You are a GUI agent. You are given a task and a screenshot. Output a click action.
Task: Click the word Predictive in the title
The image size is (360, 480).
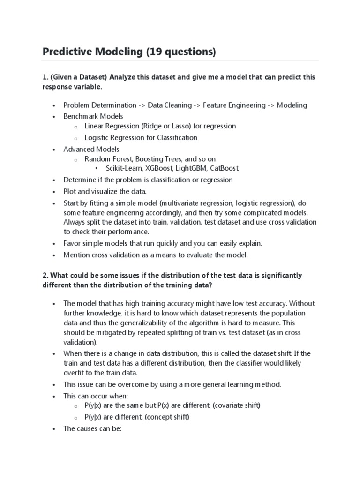coord(67,52)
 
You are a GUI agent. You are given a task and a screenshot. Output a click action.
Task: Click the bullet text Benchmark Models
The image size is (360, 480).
coord(93,116)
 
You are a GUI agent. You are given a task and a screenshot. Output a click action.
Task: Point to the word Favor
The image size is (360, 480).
coord(73,243)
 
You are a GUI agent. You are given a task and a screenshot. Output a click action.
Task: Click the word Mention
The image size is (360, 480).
coord(76,255)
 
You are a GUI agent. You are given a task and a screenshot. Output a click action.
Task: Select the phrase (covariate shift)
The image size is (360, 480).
coord(237,405)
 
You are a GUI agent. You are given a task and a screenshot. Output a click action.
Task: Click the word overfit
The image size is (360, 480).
coord(74,373)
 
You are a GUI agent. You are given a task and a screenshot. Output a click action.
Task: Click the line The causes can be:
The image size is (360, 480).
coord(93,428)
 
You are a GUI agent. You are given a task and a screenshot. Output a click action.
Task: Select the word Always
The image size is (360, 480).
coord(75,222)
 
